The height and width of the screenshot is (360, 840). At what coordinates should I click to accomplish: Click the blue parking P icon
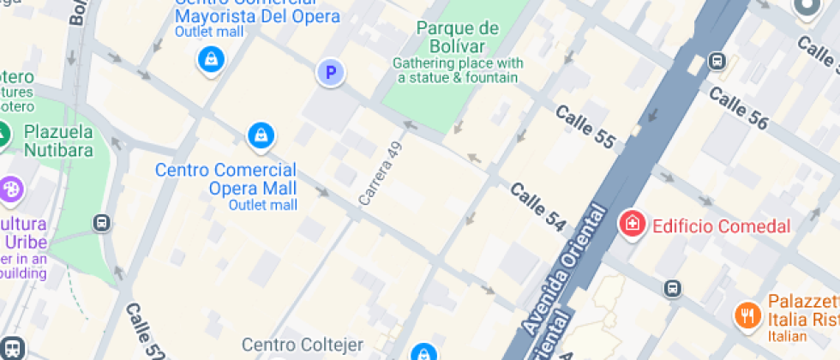click(330, 73)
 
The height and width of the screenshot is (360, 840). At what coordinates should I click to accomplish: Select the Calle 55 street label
click(585, 126)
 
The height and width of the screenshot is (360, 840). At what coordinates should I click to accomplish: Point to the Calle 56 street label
click(738, 110)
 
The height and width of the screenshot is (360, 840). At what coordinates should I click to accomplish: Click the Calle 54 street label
click(537, 206)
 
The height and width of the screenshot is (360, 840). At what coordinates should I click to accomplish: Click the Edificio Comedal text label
click(721, 226)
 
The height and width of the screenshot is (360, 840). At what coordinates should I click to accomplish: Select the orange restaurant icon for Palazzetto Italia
click(747, 314)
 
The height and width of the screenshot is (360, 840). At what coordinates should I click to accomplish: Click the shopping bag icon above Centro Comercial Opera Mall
click(260, 135)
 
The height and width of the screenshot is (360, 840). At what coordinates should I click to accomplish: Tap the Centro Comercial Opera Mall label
click(226, 179)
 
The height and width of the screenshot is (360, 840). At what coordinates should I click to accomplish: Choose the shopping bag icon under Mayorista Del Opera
click(210, 59)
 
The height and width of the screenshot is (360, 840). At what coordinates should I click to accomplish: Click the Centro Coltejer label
click(303, 345)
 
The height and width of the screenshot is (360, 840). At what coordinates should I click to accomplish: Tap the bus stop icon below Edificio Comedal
click(674, 288)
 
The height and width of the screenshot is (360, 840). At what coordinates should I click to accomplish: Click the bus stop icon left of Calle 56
click(717, 62)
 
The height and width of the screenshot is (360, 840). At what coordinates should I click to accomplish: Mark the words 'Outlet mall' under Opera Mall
click(263, 205)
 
